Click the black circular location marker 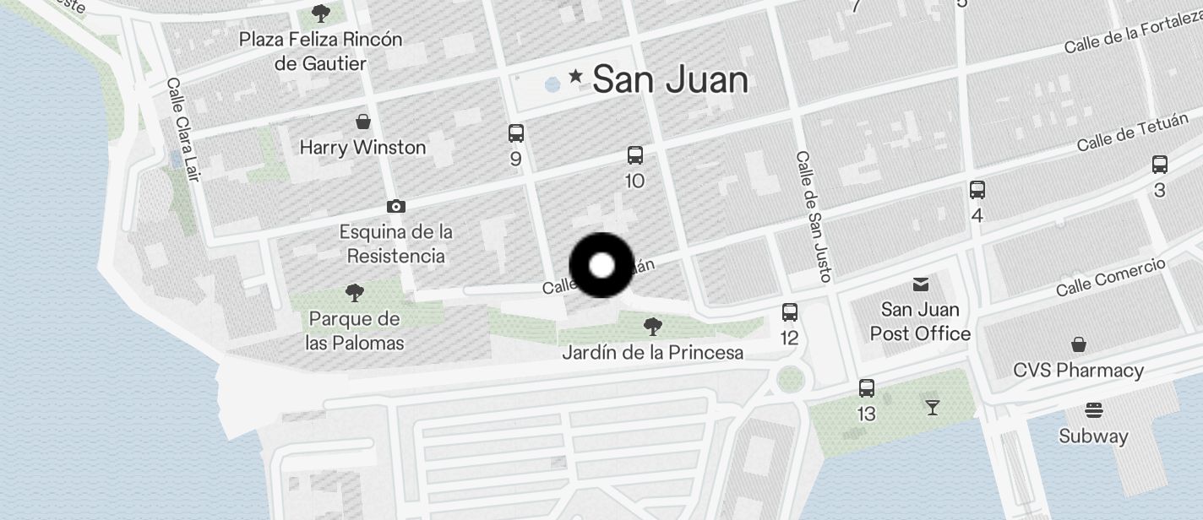pos(601,265)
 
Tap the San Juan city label pos(670,80)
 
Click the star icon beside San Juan pos(576,77)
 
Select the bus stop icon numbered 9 pos(516,133)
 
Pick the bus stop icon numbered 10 pos(635,155)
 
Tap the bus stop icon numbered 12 pos(790,312)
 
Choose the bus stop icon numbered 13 pos(867,388)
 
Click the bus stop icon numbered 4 pos(977,190)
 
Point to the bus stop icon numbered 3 pos(1160,165)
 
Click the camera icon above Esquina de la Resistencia pos(395,206)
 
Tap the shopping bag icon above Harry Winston pos(363,122)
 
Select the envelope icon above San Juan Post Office pos(920,284)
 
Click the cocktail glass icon pos(932,408)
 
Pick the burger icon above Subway pos(1094,411)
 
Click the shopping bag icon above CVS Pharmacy pos(1079,344)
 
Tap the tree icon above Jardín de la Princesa pos(652,326)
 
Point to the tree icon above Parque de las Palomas pos(355,293)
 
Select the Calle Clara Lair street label pos(183,129)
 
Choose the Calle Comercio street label pos(1111,277)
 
